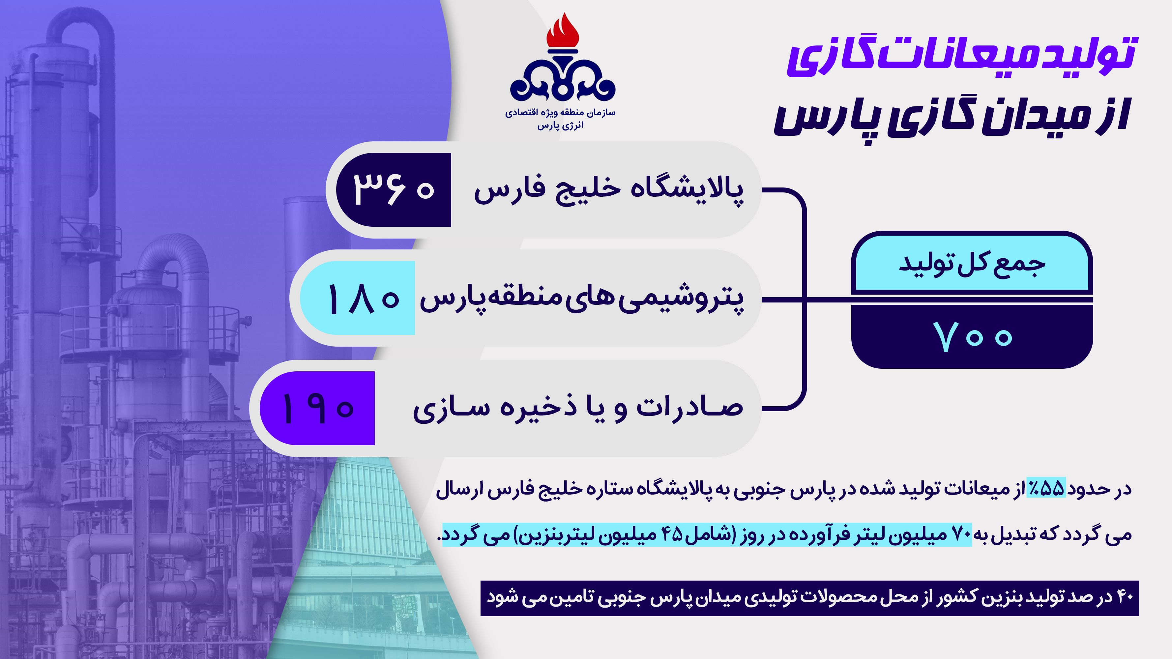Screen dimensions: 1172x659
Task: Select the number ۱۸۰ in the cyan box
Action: (363, 299)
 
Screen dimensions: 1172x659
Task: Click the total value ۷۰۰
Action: (973, 336)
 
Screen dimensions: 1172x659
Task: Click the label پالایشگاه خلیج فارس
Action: (609, 190)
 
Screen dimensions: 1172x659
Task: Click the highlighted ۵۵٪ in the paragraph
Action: (1046, 488)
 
